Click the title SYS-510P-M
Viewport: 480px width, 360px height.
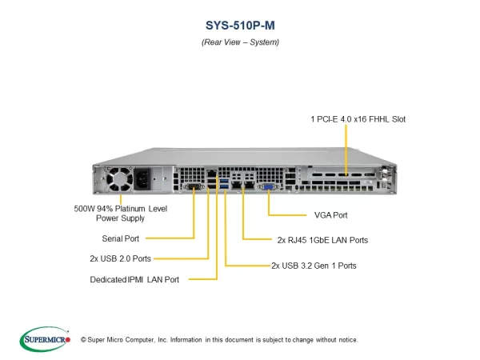240,24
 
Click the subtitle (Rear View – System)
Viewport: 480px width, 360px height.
240,42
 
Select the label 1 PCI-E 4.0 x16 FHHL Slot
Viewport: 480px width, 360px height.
358,118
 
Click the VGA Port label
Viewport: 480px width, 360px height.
330,215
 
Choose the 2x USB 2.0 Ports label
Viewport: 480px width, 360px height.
120,258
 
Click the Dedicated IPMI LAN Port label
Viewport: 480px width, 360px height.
134,279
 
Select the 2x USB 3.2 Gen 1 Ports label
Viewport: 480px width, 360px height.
314,265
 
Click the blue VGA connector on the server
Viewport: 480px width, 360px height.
270,186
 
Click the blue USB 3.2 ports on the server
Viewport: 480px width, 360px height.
226,186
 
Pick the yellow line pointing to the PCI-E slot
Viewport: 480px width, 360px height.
346,148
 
